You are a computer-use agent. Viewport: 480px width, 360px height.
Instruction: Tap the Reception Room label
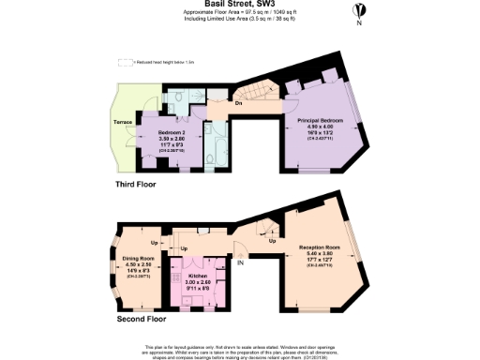(x=319, y=247)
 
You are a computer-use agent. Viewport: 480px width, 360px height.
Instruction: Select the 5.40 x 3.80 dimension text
(x=319, y=254)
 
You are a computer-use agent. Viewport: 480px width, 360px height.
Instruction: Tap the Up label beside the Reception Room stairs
(x=272, y=241)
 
